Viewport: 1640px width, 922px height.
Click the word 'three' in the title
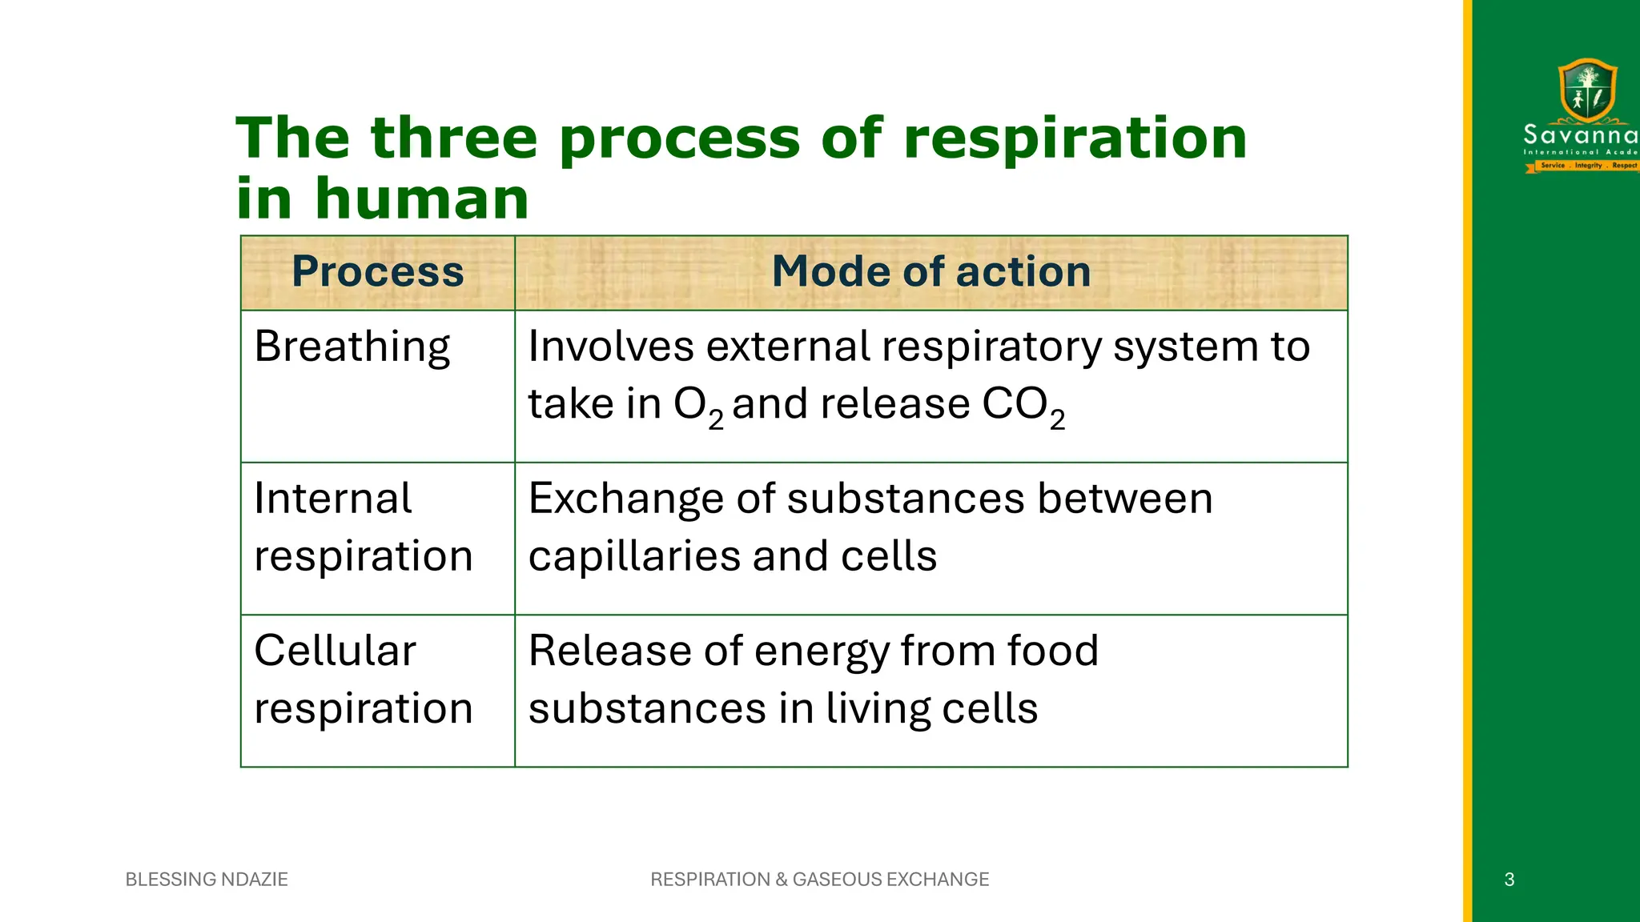pos(453,138)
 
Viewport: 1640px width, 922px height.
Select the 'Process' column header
pos(377,271)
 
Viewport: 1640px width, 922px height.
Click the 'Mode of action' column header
pos(931,271)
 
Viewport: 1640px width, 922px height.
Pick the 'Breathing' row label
pos(352,347)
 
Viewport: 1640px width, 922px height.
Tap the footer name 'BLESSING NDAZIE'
pos(207,879)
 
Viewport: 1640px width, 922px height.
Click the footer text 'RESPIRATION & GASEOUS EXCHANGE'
pos(819,879)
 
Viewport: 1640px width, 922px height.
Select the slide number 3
pos(1509,880)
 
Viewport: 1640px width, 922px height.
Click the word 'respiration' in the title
pos(1075,138)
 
